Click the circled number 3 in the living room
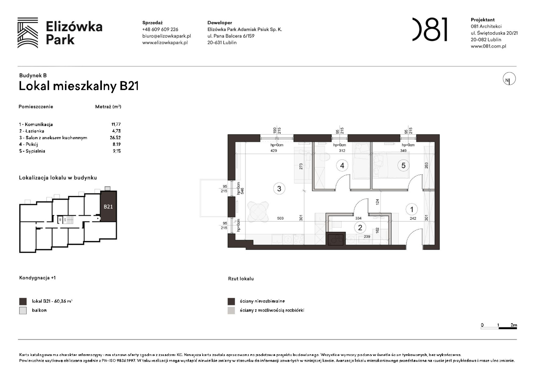click(279, 189)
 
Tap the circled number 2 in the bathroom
click(360, 227)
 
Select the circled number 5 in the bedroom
click(403, 166)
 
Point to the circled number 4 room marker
click(342, 166)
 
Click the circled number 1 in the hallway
click(411, 209)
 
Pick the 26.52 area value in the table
click(115, 138)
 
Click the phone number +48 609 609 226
click(160, 29)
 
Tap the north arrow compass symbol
click(509, 79)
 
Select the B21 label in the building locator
click(108, 207)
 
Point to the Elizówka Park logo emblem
click(28, 33)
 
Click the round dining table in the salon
click(258, 212)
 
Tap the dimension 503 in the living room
click(280, 218)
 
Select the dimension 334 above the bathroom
click(358, 218)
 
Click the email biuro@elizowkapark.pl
click(166, 36)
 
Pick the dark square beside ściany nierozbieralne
click(231, 301)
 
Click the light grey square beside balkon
click(23, 310)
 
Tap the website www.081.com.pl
click(488, 46)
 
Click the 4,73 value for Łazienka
click(116, 131)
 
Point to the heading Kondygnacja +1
click(37, 278)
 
